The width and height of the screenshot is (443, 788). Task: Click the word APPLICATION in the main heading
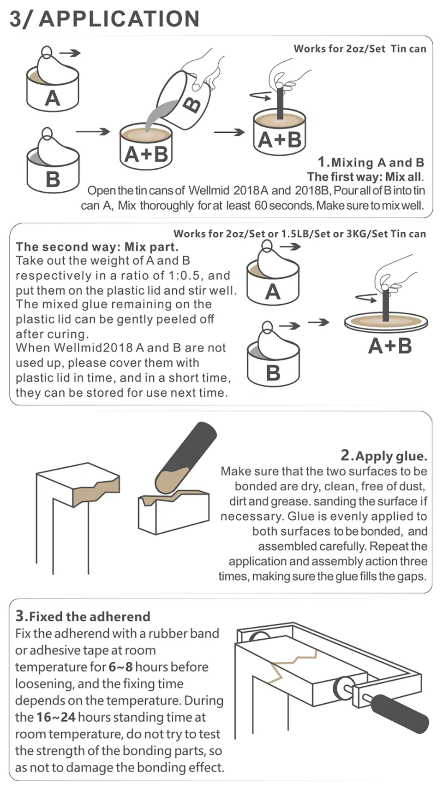pos(119,19)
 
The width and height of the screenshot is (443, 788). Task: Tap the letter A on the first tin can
pos(52,98)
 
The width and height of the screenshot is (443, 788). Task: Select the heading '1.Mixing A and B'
pos(371,162)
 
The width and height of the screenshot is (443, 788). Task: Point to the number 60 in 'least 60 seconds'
pos(261,206)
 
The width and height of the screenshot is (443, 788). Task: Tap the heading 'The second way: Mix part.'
pos(97,247)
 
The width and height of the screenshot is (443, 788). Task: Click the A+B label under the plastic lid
pos(389,346)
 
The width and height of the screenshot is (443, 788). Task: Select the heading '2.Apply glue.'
pos(383,456)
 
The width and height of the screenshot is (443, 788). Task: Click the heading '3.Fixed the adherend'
pos(83,616)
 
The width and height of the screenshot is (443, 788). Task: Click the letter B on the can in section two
pos(273,372)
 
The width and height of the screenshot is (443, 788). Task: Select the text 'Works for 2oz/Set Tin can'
pos(360,49)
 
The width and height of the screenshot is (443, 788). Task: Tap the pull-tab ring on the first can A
pos(46,51)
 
